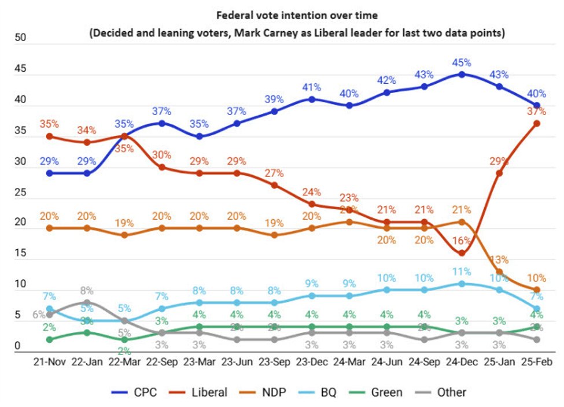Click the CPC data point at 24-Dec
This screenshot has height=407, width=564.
tap(461, 74)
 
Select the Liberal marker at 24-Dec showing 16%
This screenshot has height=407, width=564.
tap(461, 253)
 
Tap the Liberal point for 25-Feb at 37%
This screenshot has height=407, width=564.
tap(537, 123)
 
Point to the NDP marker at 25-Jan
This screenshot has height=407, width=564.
tap(499, 272)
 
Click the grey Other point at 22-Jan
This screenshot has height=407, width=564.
tap(87, 302)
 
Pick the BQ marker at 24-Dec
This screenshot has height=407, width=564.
tap(461, 284)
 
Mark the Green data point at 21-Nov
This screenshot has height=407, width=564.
tap(50, 339)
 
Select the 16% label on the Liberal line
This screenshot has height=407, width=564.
tap(461, 240)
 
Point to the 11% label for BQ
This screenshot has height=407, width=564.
tap(461, 270)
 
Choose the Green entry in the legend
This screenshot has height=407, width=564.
tap(382, 392)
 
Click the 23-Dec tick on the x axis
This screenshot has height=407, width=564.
tap(312, 362)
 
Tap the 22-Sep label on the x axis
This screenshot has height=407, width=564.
tap(162, 362)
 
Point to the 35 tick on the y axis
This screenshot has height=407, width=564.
tap(21, 131)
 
